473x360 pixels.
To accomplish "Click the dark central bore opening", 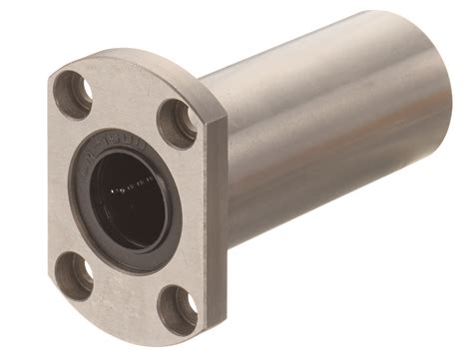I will click(131, 198).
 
